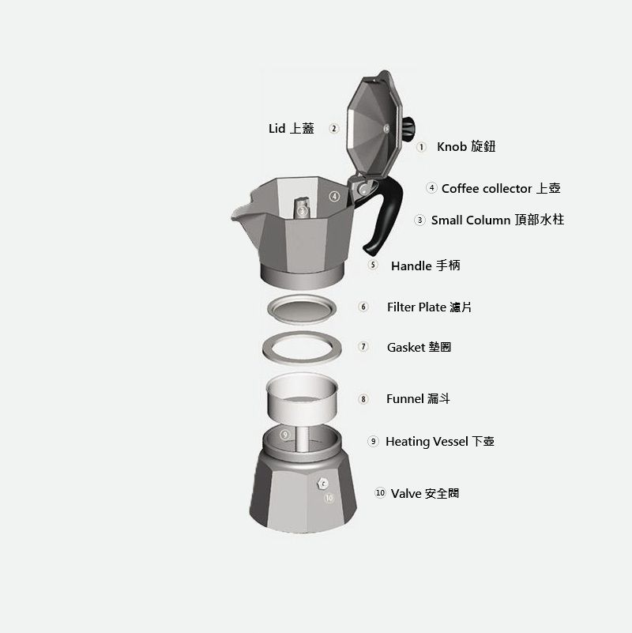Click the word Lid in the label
(x=276, y=128)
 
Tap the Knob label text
(x=466, y=146)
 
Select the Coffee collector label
(x=501, y=188)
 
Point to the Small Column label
(x=498, y=220)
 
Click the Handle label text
(x=425, y=266)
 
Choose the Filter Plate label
(x=429, y=307)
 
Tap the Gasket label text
(x=419, y=347)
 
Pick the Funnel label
(x=418, y=399)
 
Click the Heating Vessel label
(x=440, y=441)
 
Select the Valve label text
(x=425, y=493)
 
